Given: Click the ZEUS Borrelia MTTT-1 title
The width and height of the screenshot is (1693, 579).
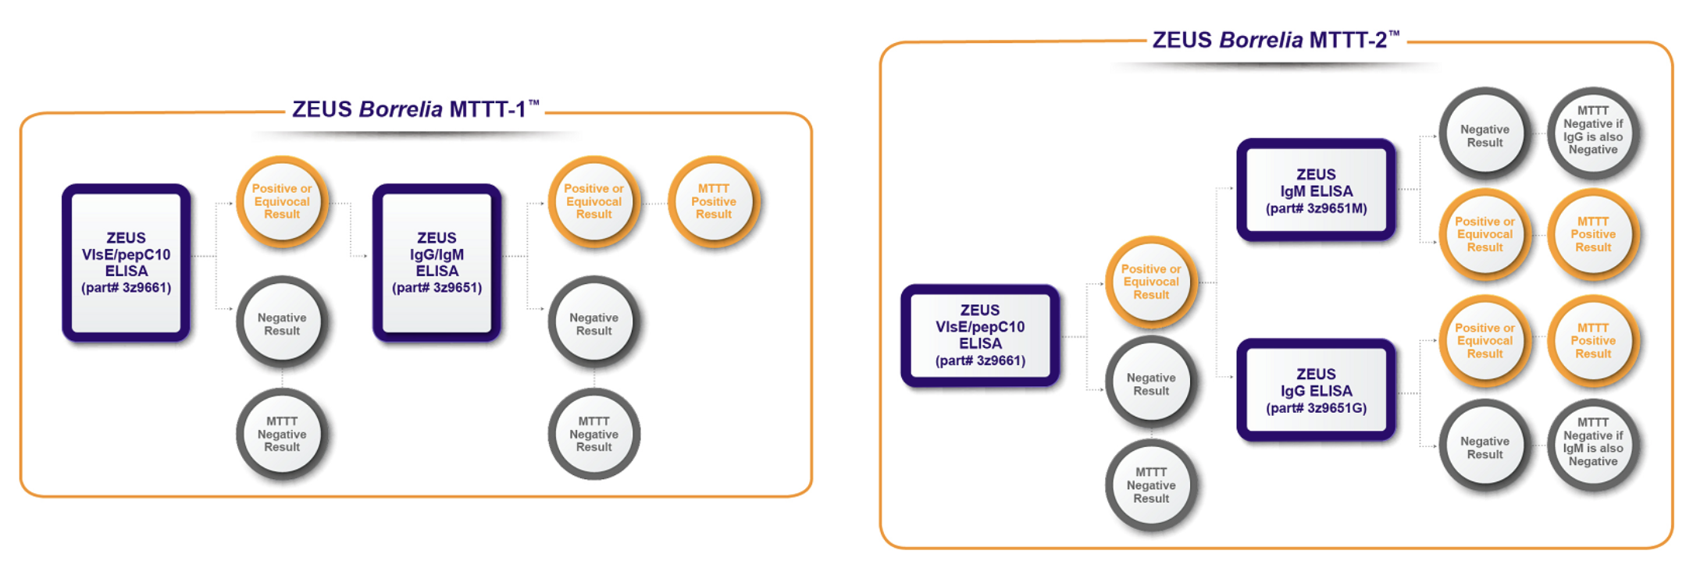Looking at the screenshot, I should (x=415, y=109).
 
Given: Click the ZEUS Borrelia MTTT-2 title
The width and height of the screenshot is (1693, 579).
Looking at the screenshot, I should (x=1275, y=40).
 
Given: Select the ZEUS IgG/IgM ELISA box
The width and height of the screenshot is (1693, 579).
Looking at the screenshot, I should (x=437, y=262).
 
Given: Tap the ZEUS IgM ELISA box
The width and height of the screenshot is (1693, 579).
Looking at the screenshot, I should (x=1316, y=190).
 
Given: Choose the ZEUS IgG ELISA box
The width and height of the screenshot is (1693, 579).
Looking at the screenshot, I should (x=1316, y=390).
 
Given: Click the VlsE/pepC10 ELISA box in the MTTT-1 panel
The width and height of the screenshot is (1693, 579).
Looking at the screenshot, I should (x=126, y=262).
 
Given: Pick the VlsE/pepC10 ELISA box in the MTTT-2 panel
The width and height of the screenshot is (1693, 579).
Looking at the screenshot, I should (x=980, y=335).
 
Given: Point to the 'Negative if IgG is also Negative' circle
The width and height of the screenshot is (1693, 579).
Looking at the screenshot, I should (x=1592, y=131).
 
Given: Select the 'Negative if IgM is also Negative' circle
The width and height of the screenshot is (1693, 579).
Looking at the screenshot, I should (x=1592, y=442).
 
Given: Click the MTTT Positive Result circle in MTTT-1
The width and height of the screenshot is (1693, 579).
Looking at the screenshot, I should (x=713, y=201).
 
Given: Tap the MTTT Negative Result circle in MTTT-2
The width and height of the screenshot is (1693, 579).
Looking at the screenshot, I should (x=1151, y=485).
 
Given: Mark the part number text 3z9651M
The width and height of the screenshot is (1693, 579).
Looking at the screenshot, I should (x=1316, y=208).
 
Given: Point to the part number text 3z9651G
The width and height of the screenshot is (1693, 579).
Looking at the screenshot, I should (x=1316, y=408).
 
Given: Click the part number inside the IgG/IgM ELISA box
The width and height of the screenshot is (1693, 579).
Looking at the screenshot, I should (x=437, y=287).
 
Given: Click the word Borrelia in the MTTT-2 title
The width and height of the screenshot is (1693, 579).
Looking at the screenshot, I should (x=1260, y=40).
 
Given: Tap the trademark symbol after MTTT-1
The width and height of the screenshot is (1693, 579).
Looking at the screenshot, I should (x=534, y=102).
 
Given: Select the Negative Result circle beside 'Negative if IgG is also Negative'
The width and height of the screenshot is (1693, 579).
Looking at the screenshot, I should (x=1484, y=136).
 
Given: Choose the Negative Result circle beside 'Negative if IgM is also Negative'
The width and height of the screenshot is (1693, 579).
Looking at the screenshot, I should (x=1484, y=447).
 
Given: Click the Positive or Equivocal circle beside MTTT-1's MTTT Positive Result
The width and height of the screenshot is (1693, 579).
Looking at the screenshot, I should (x=593, y=201).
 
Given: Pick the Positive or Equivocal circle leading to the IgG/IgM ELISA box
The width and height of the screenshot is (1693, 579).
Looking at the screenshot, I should (x=282, y=201).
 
